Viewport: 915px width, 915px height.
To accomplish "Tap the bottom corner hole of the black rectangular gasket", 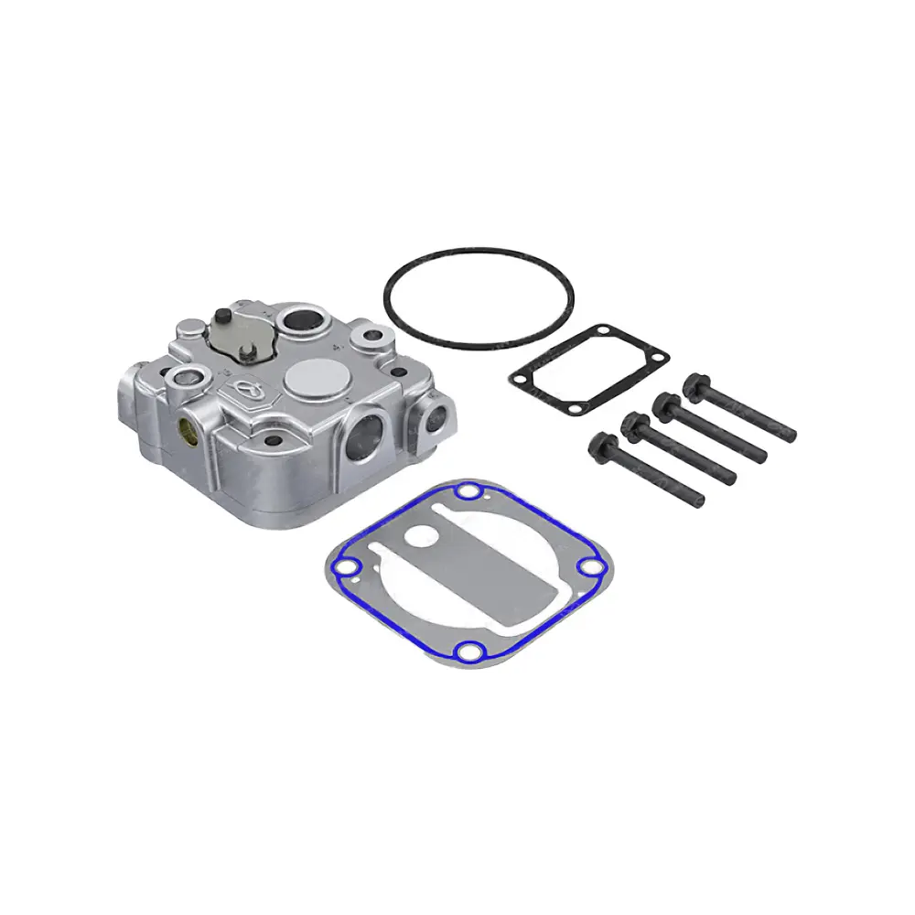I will click(574, 406).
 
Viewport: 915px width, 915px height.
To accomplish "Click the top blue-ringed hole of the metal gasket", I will click(468, 494).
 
